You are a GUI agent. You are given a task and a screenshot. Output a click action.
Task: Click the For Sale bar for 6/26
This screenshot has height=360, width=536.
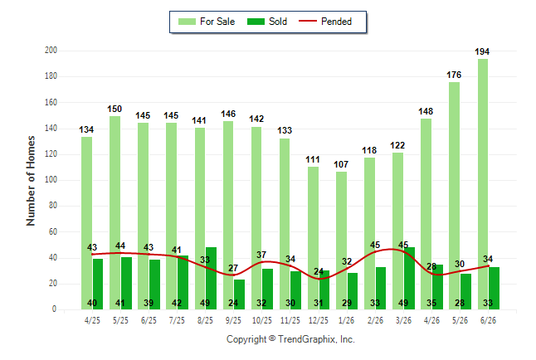pyautogui.click(x=483, y=184)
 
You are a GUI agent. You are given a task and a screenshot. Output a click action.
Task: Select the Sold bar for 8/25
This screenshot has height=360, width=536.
pyautogui.click(x=211, y=278)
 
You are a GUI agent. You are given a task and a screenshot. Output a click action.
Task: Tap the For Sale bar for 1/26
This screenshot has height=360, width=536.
pyautogui.click(x=341, y=241)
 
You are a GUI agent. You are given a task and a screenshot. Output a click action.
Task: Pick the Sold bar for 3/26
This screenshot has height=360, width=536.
pyautogui.click(x=409, y=278)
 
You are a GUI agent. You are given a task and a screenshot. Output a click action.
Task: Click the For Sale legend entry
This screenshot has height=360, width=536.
pyautogui.click(x=207, y=22)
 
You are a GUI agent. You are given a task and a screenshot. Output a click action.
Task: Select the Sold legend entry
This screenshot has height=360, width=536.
pyautogui.click(x=267, y=22)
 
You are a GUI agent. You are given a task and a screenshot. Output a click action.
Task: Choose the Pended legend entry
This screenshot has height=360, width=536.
pyautogui.click(x=325, y=22)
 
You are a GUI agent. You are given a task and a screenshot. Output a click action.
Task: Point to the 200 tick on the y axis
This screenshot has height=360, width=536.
pyautogui.click(x=51, y=51)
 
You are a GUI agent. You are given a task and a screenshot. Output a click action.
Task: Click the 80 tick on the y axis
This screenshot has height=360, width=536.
pyautogui.click(x=52, y=206)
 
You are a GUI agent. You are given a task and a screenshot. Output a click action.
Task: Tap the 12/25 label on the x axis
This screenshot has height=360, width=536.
pyautogui.click(x=319, y=320)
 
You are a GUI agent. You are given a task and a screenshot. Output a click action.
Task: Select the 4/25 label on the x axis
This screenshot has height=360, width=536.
pyautogui.click(x=92, y=320)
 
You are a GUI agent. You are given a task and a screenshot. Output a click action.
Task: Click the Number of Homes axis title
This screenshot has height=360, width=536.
pyautogui.click(x=31, y=181)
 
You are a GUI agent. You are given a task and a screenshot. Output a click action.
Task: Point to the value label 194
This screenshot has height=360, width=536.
pyautogui.click(x=482, y=51)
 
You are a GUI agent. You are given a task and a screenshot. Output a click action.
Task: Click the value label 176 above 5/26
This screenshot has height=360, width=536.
pyautogui.click(x=454, y=75)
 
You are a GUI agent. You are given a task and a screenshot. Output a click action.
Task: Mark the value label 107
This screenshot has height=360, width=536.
pyautogui.click(x=341, y=164)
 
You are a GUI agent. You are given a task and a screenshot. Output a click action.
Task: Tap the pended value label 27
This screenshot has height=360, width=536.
pyautogui.click(x=233, y=268)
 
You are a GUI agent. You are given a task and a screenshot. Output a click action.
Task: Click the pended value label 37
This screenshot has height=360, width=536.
pyautogui.click(x=261, y=255)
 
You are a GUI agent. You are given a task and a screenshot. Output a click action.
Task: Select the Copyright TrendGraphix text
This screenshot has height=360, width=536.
pyautogui.click(x=290, y=339)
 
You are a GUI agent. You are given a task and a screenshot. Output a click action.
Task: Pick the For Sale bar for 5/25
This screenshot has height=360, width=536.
pyautogui.click(x=115, y=213)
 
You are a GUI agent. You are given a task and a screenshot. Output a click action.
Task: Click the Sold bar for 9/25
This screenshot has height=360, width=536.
pyautogui.click(x=239, y=294)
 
